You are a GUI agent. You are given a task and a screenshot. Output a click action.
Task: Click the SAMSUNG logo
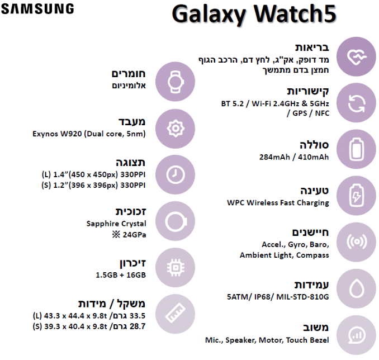[37, 9]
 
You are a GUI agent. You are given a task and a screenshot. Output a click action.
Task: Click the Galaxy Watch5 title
[254, 15]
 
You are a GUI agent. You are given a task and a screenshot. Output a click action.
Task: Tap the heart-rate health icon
[356, 56]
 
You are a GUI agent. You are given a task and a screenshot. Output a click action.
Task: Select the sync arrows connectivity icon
[356, 103]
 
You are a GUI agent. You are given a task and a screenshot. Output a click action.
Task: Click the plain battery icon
[356, 149]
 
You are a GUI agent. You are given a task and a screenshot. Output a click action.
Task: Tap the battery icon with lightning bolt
[356, 196]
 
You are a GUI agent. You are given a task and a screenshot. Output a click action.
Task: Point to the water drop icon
[356, 288]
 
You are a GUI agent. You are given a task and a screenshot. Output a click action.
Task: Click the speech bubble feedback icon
[356, 335]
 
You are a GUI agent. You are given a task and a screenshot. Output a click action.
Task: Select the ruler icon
[175, 314]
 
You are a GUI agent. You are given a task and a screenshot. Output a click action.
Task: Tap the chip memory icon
[175, 268]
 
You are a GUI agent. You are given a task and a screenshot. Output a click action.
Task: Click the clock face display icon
[175, 174]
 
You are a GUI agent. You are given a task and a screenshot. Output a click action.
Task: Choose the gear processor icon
[175, 129]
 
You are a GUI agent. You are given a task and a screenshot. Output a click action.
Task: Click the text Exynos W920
[57, 134]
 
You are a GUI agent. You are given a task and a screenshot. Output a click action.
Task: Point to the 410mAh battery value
[313, 157]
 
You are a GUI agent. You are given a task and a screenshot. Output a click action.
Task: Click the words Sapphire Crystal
[116, 224]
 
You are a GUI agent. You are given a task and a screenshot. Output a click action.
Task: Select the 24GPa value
[134, 235]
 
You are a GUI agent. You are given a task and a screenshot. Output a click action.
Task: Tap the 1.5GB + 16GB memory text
[121, 275]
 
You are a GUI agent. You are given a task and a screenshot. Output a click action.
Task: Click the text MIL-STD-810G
[302, 297]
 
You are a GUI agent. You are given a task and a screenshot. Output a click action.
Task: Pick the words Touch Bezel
[307, 340]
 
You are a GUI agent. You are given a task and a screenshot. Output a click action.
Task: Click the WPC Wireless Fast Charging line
[278, 203]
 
